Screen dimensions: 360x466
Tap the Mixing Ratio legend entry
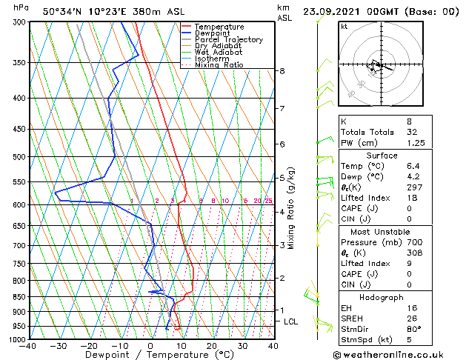point(219,65)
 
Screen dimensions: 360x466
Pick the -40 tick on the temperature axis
point(29,346)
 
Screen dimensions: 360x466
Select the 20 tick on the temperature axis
point(212,346)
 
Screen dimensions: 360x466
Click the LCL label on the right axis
point(290,321)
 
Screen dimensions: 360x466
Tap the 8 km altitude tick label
point(282,71)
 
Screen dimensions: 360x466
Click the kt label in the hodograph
point(344,27)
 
